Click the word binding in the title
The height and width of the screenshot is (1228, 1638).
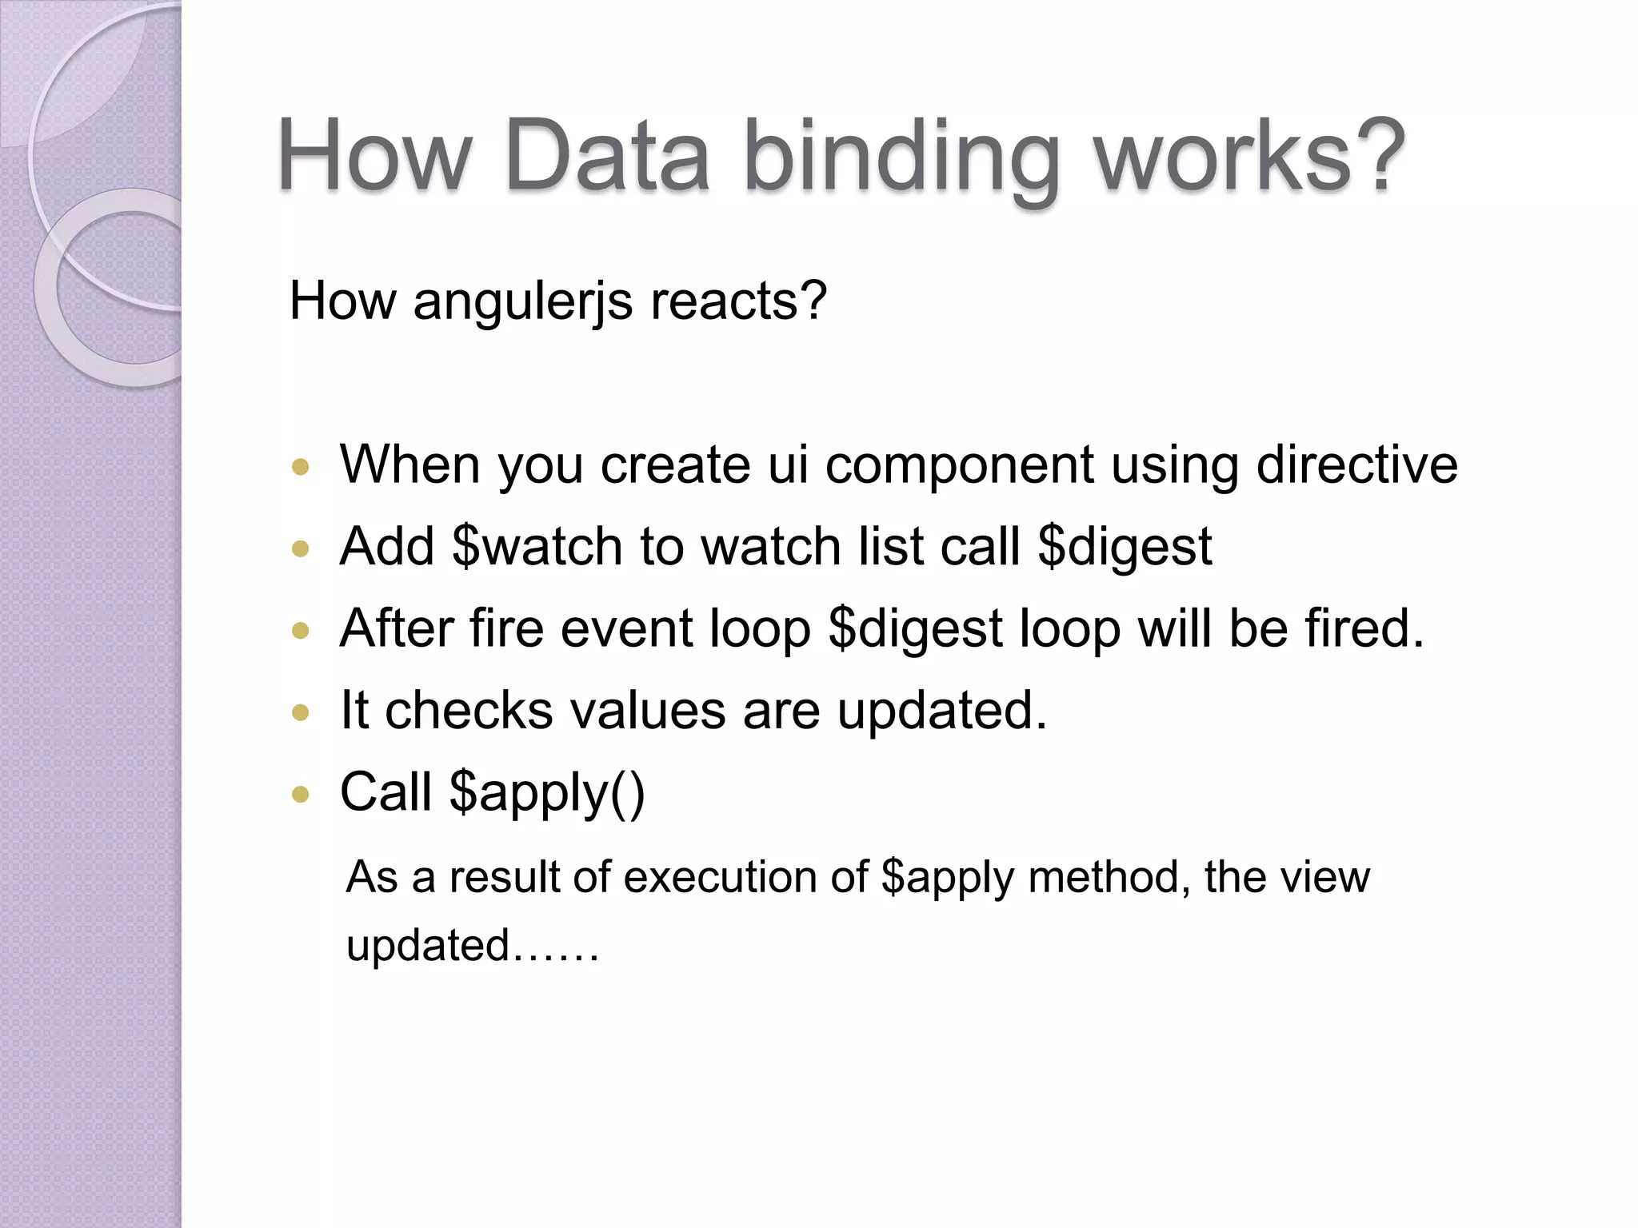tap(902, 157)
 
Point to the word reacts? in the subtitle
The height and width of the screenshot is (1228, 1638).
tap(738, 302)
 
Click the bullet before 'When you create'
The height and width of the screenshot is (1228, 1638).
tap(301, 467)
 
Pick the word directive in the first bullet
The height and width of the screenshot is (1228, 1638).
tap(1356, 465)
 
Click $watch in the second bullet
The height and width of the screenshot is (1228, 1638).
tap(537, 548)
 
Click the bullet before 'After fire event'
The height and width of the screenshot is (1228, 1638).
tap(301, 631)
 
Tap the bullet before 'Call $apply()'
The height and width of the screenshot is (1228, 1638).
tap(301, 795)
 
